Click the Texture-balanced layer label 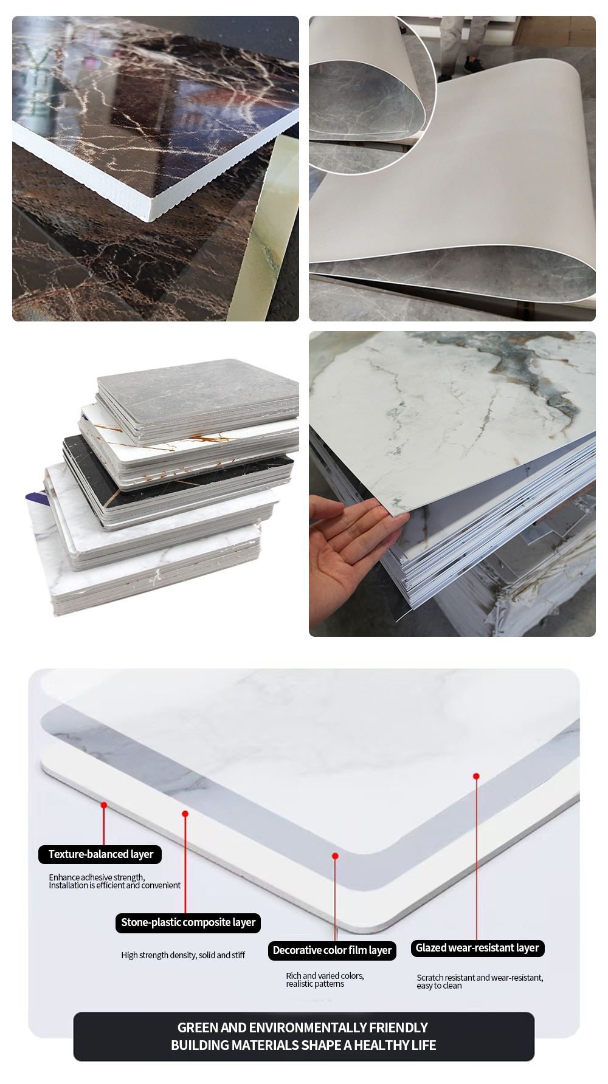tap(100, 854)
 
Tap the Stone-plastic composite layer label tap(188, 922)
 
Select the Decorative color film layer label tap(332, 950)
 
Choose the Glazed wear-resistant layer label tap(477, 948)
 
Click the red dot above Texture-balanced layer tap(104, 805)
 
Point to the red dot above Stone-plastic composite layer tap(185, 814)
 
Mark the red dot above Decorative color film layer tap(335, 856)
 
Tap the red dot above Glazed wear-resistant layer tap(476, 777)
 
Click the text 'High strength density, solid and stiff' tap(183, 955)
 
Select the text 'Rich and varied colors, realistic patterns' tap(325, 979)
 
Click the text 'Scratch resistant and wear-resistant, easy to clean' tap(480, 981)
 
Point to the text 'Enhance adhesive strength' tap(97, 877)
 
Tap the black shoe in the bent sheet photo tap(471, 64)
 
